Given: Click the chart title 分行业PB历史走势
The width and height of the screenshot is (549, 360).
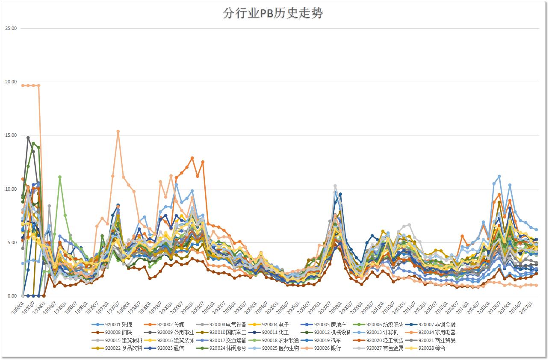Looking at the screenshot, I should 273,13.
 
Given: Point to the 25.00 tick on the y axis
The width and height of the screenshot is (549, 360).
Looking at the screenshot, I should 11,28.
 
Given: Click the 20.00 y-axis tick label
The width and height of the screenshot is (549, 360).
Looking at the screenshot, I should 11,82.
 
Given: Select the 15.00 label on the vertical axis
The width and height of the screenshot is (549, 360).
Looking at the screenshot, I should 11,136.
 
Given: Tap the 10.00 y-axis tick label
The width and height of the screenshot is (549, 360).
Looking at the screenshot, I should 11,189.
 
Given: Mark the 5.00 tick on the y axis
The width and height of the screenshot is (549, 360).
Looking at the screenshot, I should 12,242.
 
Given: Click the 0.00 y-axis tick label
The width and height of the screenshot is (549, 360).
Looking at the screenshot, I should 12,296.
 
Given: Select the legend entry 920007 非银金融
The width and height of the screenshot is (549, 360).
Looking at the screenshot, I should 437,325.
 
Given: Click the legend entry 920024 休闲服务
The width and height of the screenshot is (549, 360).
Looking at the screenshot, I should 228,348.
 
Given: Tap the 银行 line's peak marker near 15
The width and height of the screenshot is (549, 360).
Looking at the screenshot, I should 118,132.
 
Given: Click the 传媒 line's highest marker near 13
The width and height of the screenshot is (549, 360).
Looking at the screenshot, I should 192,158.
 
